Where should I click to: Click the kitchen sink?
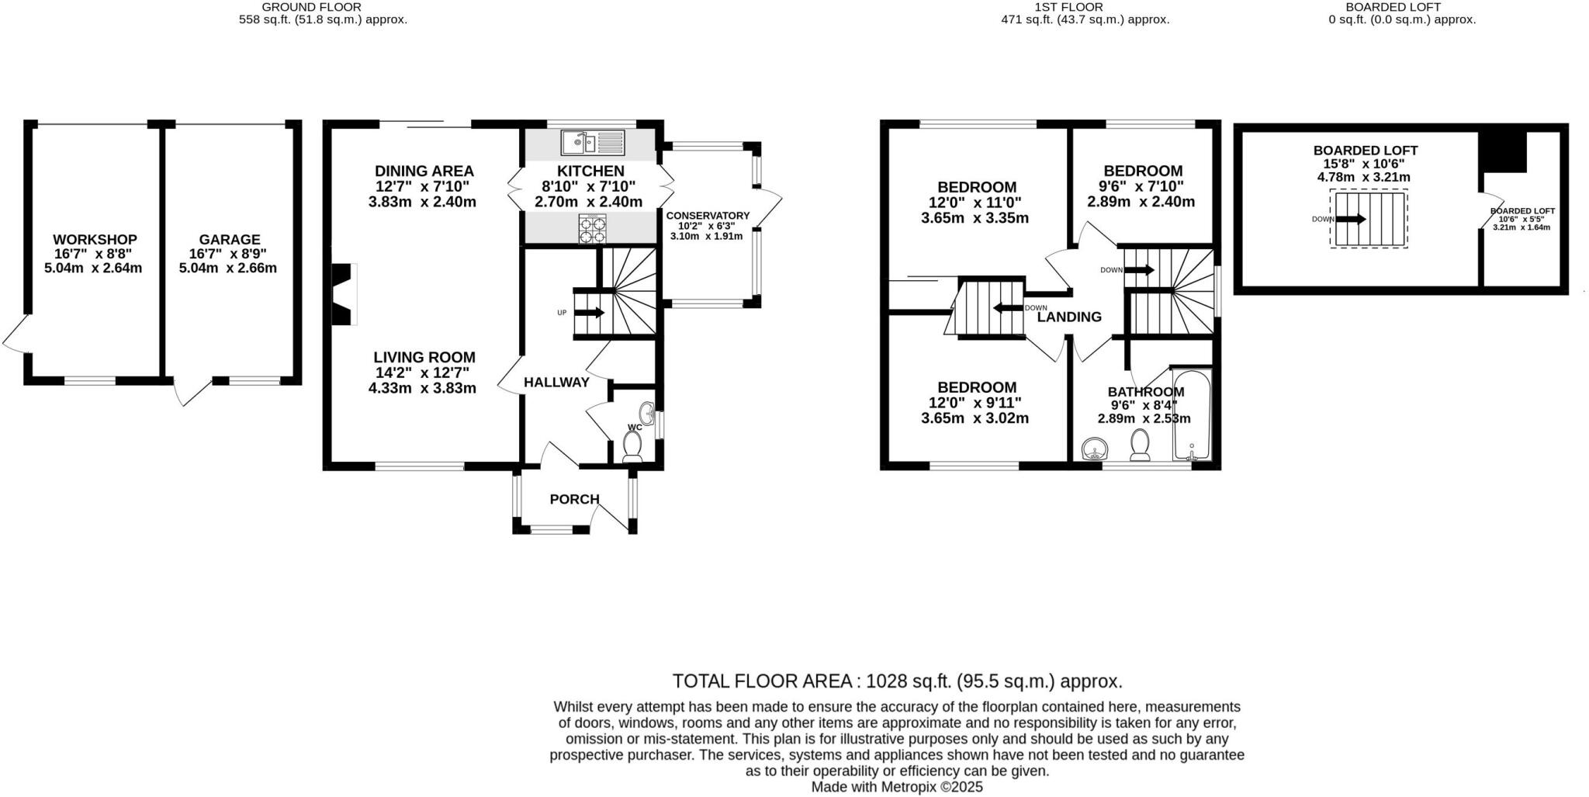592,142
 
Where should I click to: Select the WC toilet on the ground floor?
632,447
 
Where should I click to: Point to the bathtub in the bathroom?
1191,415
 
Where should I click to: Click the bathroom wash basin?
1095,449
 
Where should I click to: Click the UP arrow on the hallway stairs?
590,313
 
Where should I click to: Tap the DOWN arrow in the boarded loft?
1351,219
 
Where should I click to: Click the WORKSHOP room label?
95,240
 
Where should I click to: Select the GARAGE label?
230,240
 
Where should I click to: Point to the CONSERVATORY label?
708,216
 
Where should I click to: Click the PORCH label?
575,499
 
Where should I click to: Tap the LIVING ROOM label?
424,357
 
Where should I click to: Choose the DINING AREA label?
424,171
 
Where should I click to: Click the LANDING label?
1069,317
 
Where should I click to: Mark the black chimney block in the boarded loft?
1503,151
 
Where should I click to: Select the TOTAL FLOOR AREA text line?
898,681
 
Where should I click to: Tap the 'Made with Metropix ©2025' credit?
897,787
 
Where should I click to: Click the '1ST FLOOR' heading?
1085,7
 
